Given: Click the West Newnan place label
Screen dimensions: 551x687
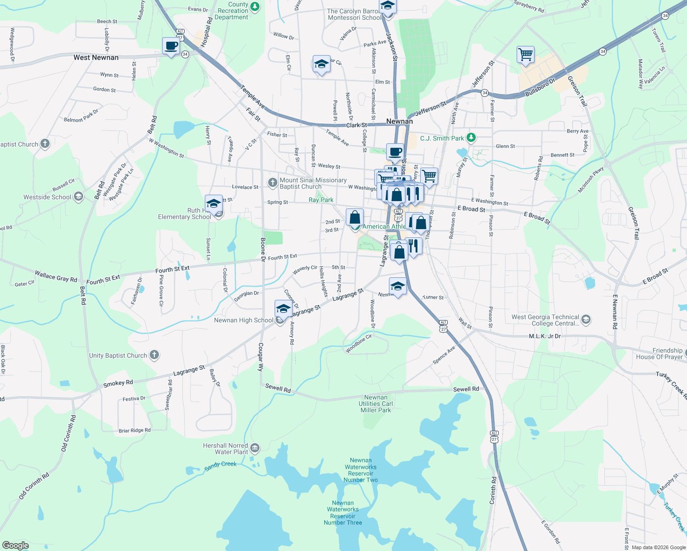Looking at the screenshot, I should pos(96,57).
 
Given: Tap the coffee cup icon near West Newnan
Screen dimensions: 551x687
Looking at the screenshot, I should pos(171,46).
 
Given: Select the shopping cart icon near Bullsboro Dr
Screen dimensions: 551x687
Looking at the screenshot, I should pos(525,55).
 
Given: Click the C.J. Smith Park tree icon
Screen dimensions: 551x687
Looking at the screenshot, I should pos(471,138).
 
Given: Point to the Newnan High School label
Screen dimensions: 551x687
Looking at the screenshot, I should pos(243,320).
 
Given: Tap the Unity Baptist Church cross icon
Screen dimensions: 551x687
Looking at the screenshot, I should pos(154,355).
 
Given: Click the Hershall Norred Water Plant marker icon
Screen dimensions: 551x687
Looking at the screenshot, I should pos(255,448).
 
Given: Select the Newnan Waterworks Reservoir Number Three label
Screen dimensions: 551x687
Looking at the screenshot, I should pos(343,513).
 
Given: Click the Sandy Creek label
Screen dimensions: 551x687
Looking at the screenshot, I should pos(220,466).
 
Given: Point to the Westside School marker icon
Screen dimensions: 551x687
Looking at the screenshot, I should pos(78,197).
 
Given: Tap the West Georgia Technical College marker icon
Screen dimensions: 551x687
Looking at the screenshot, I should pos(586,320).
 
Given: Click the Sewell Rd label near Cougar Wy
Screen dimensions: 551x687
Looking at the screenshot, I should pos(278,388).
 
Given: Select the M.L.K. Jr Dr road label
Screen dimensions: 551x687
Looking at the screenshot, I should pos(545,337).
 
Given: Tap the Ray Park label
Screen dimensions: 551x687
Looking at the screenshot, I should pos(321,200).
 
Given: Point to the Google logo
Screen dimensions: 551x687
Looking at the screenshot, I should pos(15,545).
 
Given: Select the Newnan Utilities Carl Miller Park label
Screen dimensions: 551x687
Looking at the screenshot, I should pos(376,404).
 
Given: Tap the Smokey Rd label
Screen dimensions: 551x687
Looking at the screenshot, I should pos(118,383).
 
